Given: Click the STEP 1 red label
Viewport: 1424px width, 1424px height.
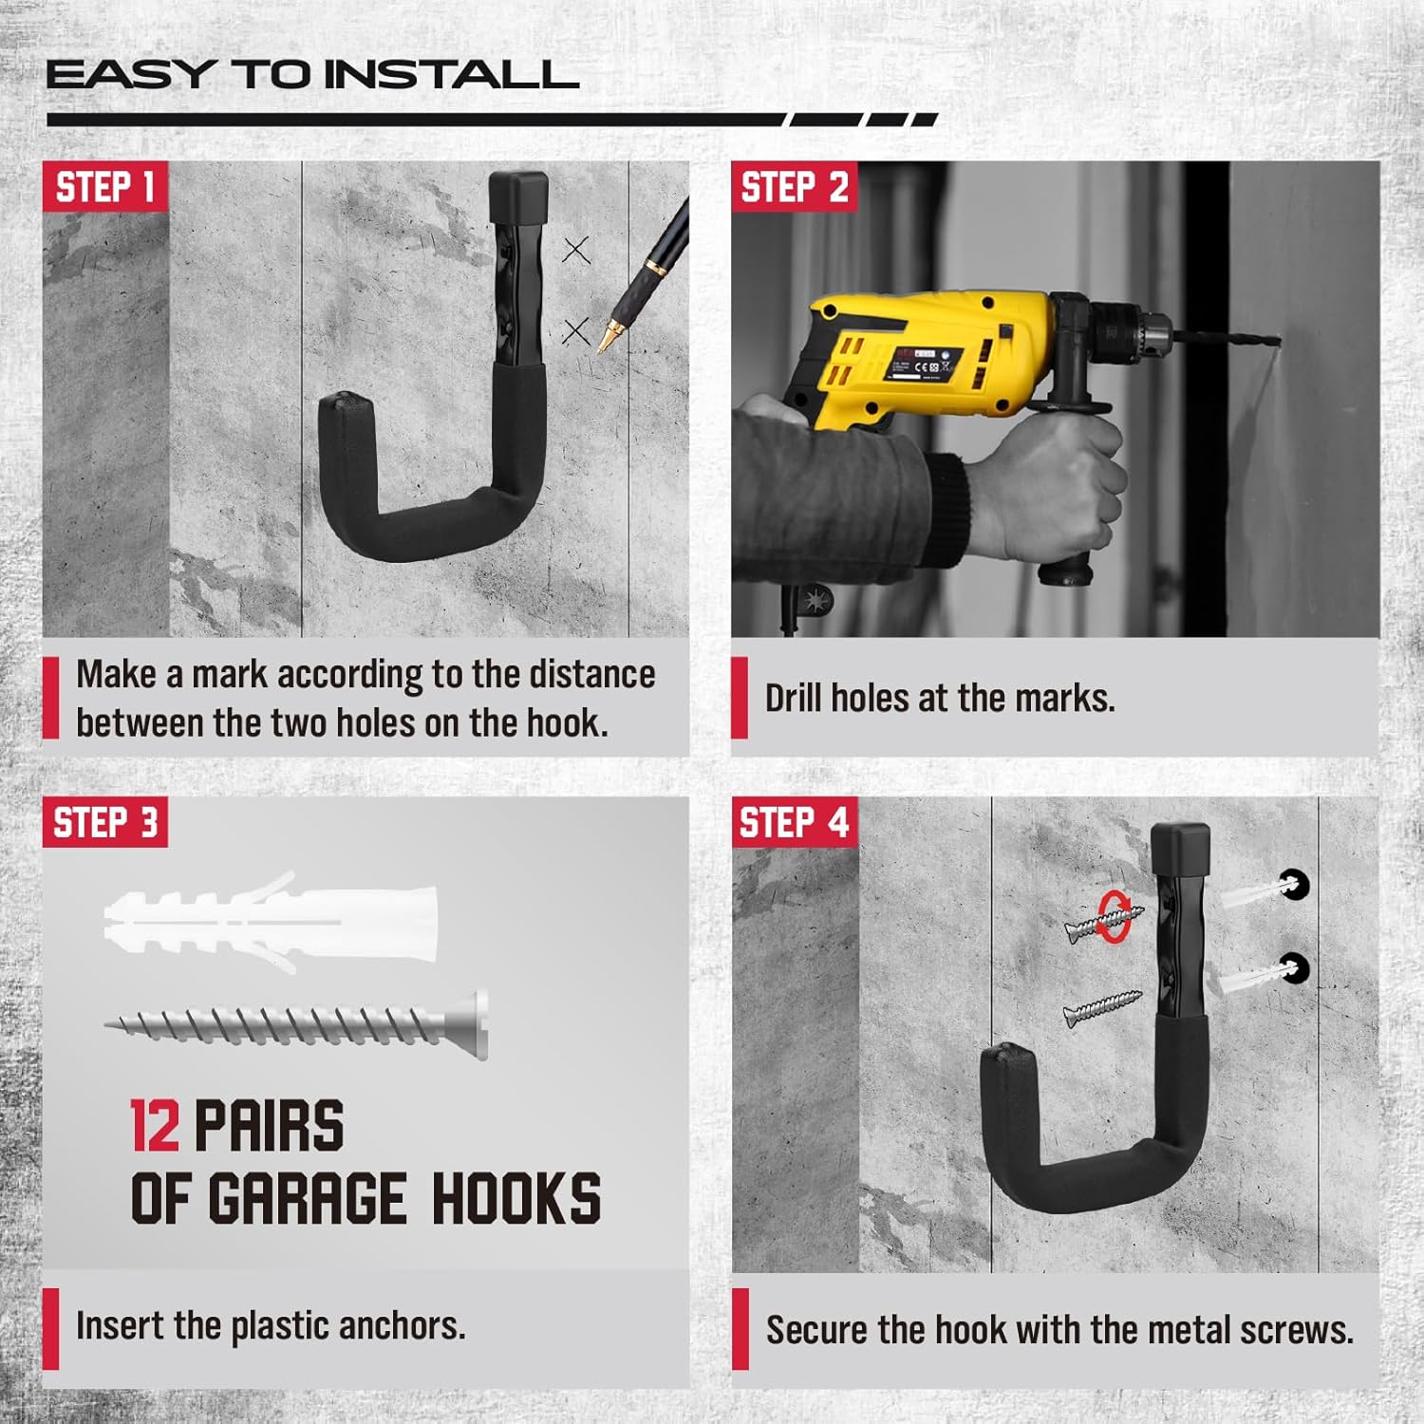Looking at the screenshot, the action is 105,187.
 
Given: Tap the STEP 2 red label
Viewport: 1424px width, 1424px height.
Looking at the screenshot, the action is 795,187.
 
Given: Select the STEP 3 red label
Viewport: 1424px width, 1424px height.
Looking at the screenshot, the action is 105,822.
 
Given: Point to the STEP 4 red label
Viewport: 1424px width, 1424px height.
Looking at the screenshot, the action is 795,822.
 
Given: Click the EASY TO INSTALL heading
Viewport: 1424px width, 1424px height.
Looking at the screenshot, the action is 312,75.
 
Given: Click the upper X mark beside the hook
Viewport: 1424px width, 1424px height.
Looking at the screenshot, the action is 576,250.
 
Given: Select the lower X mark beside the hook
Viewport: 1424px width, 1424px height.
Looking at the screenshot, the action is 576,331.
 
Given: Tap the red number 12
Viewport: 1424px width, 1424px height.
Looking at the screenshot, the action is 155,1126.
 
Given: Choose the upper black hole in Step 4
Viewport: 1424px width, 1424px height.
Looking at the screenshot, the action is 1292,885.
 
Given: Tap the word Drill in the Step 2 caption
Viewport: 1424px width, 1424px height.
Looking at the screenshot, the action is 795,698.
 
